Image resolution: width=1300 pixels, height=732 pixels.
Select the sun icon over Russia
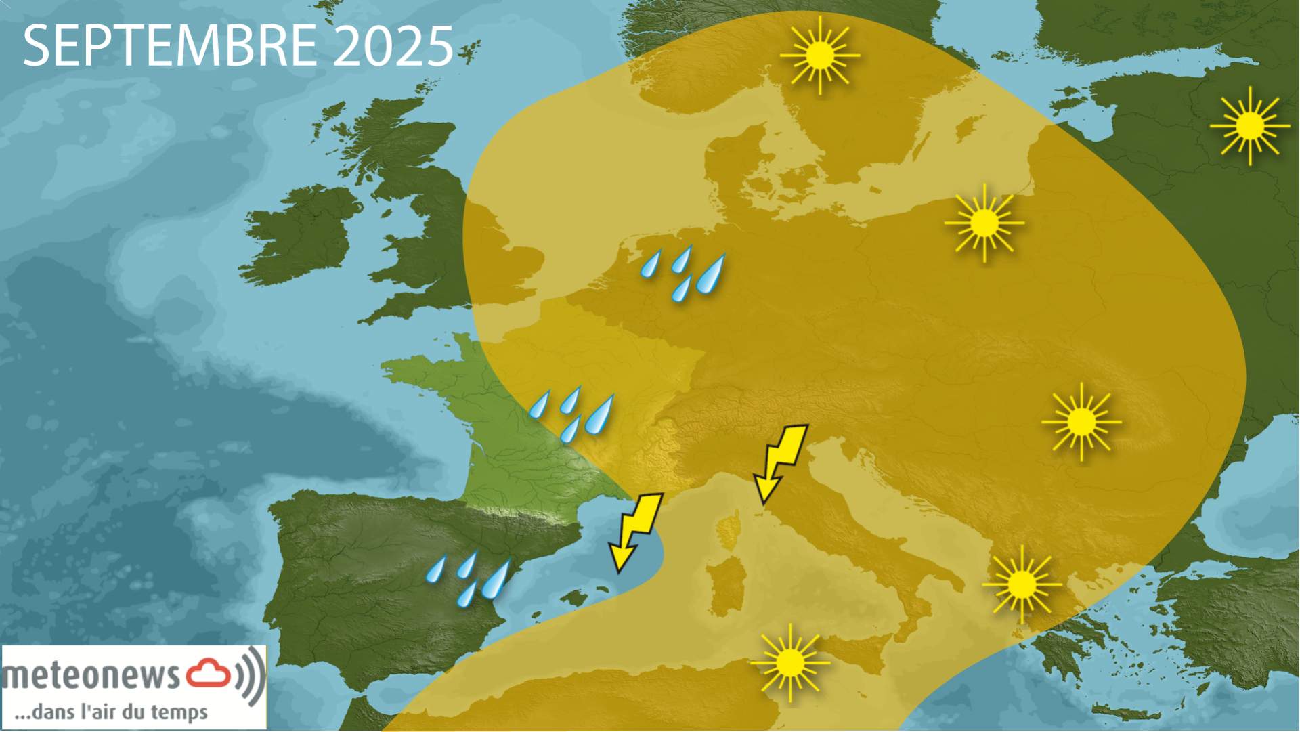pyautogui.click(x=1250, y=125)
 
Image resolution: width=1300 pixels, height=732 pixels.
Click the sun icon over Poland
pyautogui.click(x=984, y=223)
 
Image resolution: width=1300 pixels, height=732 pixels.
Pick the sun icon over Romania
pyautogui.click(x=1081, y=422)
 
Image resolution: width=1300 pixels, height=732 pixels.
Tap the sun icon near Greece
pyautogui.click(x=1022, y=584)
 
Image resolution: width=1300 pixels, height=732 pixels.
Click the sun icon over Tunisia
pyautogui.click(x=789, y=663)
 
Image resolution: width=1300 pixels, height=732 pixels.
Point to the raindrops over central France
pyautogui.click(x=572, y=412)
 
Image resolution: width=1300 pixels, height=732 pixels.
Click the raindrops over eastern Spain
pyautogui.click(x=468, y=578)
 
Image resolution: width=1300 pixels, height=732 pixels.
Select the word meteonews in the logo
pyautogui.click(x=91, y=675)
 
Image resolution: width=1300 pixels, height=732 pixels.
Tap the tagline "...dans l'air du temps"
pyautogui.click(x=112, y=712)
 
